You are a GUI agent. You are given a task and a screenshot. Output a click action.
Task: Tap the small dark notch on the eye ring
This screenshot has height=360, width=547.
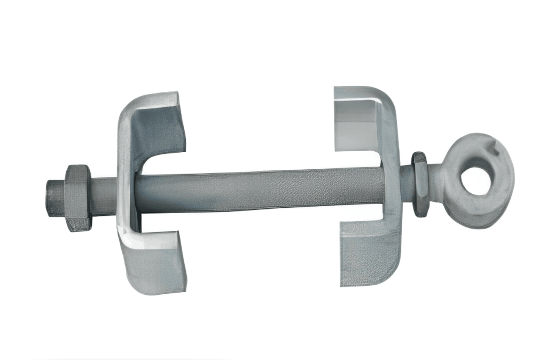(x=496, y=151)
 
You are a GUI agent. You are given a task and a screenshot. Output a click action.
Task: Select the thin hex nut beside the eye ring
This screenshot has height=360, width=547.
(x=420, y=184)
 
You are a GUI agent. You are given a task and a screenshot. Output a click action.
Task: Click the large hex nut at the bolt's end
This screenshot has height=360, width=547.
(x=78, y=198)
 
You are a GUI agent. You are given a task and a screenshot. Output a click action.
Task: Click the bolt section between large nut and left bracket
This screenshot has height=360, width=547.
(x=104, y=197)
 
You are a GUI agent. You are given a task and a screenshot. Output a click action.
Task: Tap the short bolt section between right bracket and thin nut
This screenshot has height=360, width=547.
(x=406, y=184)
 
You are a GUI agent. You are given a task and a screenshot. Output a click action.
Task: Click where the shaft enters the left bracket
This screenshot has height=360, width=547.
(x=137, y=193)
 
